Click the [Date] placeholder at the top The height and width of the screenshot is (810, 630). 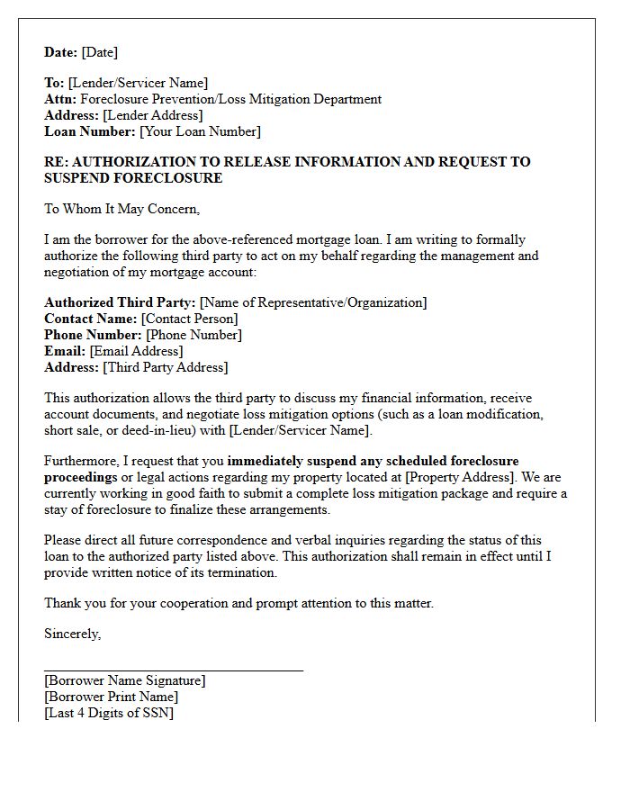pyautogui.click(x=99, y=52)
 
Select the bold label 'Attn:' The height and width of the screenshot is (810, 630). pyautogui.click(x=60, y=99)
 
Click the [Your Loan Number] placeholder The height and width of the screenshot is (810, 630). pyautogui.click(x=200, y=131)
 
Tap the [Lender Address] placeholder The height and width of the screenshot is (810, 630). pyautogui.click(x=152, y=115)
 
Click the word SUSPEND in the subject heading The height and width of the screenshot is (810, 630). pyautogui.click(x=75, y=178)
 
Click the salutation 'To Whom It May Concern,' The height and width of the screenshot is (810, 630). pyautogui.click(x=121, y=209)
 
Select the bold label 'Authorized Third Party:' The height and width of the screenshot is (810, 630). pyautogui.click(x=120, y=302)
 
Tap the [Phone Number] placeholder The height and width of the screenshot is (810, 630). pyautogui.click(x=193, y=335)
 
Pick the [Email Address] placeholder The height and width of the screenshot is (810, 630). pyautogui.click(x=136, y=351)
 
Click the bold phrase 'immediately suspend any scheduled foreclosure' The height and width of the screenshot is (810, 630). pyautogui.click(x=373, y=461)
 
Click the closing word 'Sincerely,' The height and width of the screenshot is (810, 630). pyautogui.click(x=73, y=634)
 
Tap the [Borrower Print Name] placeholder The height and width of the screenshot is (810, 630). pyautogui.click(x=111, y=697)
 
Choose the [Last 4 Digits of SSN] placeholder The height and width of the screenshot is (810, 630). pyautogui.click(x=109, y=713)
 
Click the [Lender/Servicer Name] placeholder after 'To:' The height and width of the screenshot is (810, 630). pyautogui.click(x=138, y=83)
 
